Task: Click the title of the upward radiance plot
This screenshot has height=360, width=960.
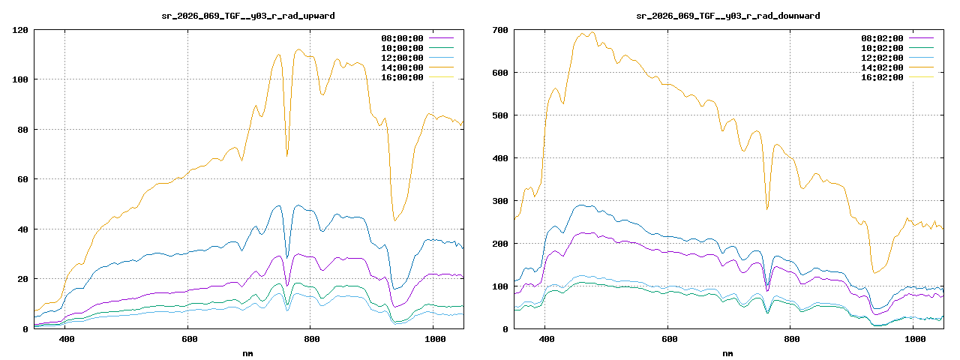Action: coord(248,16)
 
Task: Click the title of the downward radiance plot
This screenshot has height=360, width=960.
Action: coord(728,16)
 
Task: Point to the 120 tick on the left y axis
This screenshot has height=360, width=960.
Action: coord(20,30)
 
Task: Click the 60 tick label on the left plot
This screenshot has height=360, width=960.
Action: coord(22,179)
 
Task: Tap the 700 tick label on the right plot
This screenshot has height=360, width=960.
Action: coord(500,30)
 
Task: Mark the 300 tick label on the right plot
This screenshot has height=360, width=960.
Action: coord(500,201)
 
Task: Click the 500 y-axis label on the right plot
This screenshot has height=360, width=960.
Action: coord(500,115)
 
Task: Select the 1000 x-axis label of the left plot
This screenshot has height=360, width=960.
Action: coord(434,340)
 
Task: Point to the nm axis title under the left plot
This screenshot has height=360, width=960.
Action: coord(248,352)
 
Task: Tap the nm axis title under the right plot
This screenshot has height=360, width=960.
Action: coord(728,352)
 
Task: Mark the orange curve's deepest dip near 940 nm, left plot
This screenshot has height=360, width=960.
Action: coord(394,220)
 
